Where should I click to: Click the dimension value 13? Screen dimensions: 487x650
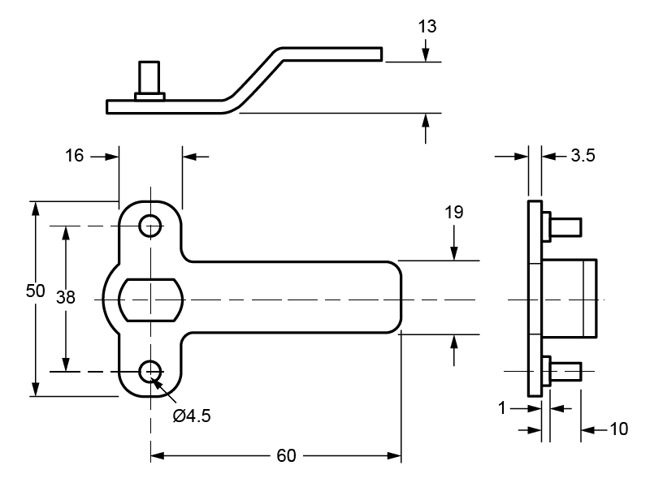pos(427,27)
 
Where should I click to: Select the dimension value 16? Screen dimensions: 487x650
pos(74,156)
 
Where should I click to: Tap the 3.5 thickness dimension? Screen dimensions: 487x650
pos(583,156)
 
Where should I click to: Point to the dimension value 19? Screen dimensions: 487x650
pos(454,213)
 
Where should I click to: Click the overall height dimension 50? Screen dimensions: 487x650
pos(34,292)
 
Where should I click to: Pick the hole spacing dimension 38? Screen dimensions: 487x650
pos(66,298)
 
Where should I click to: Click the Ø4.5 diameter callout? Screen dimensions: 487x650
pos(193,416)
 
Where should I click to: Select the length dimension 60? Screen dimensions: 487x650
pos(286,456)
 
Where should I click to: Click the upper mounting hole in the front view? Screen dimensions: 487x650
pos(149,226)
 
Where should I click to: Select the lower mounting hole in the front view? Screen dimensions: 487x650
pos(149,372)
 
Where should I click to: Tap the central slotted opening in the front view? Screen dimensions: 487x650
pos(151,299)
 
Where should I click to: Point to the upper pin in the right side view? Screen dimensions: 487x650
pos(564,226)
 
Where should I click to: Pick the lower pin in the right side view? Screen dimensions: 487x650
pos(564,372)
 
